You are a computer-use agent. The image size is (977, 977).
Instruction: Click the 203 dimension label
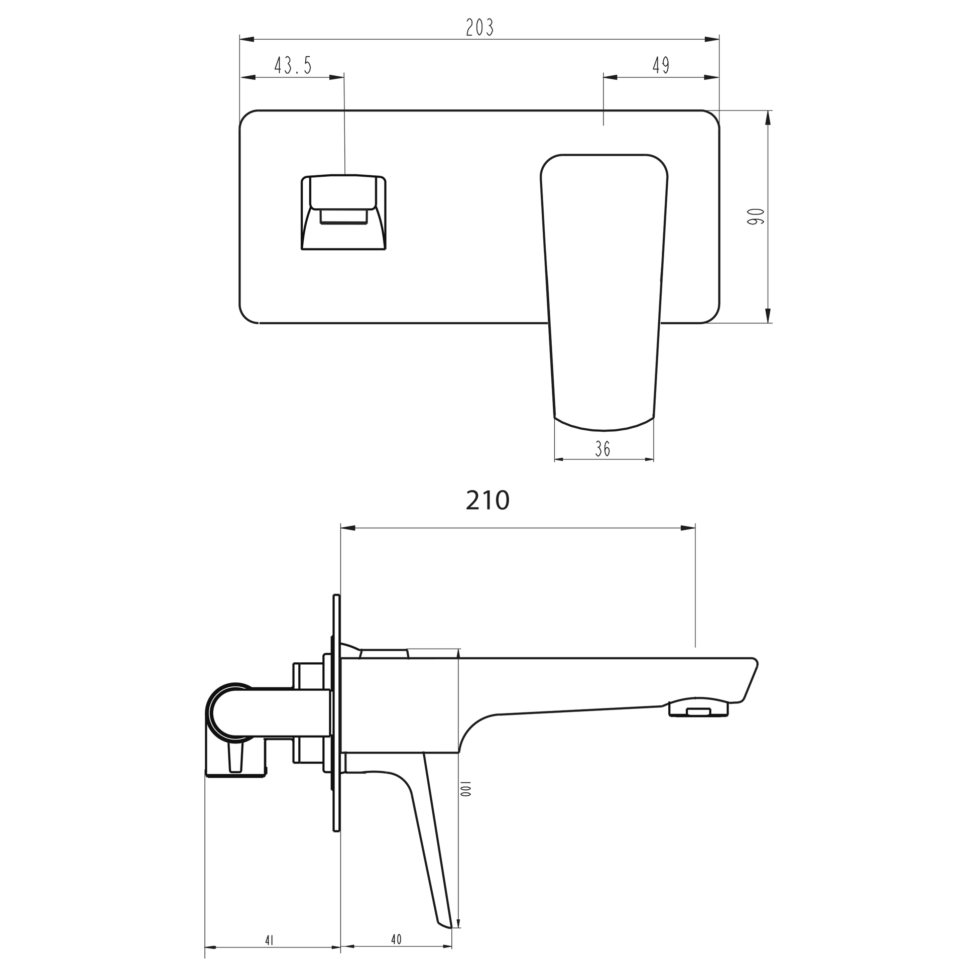[479, 27]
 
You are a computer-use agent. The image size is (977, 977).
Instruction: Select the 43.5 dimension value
[293, 65]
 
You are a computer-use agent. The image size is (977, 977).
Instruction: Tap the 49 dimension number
[661, 65]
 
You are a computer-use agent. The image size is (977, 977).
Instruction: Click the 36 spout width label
[602, 448]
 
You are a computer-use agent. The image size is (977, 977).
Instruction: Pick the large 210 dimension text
[487, 500]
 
